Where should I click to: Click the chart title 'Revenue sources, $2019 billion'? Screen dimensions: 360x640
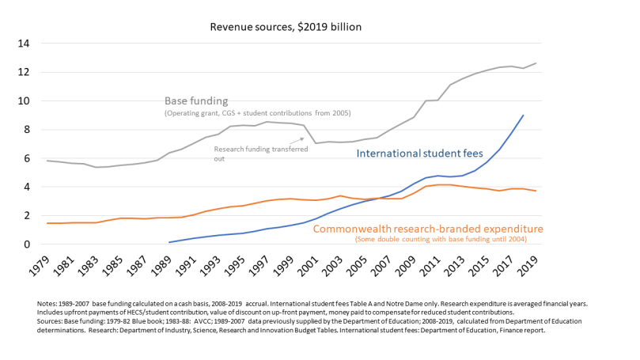click(285, 27)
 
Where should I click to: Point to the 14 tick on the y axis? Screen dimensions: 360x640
click(24, 44)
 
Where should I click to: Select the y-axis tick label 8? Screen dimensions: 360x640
click(27, 130)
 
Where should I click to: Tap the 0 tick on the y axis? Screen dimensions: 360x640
click(27, 244)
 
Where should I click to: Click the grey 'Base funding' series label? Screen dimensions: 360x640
click(196, 101)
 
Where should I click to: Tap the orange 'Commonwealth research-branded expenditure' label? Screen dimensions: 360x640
click(428, 229)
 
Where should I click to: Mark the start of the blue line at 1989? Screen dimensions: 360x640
click(170, 242)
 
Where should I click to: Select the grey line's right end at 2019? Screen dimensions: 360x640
click(536, 63)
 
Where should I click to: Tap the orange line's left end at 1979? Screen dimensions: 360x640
click(48, 223)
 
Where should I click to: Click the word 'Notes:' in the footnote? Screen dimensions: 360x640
click(48, 304)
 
